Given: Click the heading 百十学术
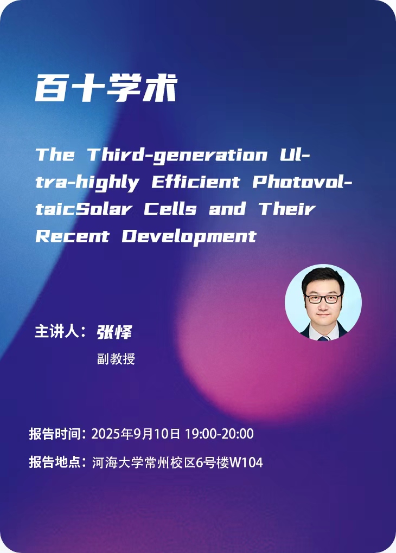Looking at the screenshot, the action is [x=106, y=88].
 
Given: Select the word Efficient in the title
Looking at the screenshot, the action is [x=196, y=182].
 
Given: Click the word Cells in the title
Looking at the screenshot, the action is [x=170, y=209].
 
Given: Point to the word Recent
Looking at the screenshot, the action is [x=72, y=236].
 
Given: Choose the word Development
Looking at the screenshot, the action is [x=189, y=236].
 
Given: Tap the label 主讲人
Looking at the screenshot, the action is [x=56, y=331].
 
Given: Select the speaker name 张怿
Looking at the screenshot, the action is [x=114, y=332].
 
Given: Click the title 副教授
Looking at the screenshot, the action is [x=116, y=359].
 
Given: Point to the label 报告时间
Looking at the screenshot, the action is [x=54, y=434].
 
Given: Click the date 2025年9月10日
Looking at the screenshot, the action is [x=136, y=434].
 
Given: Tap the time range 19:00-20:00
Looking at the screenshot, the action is [x=219, y=434].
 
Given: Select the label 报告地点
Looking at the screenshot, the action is [x=54, y=462].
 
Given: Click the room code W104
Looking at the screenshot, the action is [x=246, y=462].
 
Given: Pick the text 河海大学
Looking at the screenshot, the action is [x=118, y=462].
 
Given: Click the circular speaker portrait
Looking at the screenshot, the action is [x=323, y=302].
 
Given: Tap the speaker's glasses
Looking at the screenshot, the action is [x=323, y=299].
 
